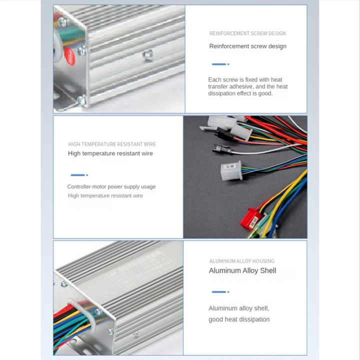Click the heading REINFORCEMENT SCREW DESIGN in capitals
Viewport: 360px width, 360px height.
click(x=247, y=33)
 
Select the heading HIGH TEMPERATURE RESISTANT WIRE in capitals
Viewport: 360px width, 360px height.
click(x=112, y=144)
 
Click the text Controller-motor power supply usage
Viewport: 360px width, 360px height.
click(x=111, y=186)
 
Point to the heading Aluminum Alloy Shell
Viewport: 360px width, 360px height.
click(x=242, y=270)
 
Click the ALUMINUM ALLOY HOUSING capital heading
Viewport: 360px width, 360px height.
click(x=241, y=261)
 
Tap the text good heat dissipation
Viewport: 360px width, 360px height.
click(x=239, y=319)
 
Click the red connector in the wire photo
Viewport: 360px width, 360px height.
click(x=251, y=217)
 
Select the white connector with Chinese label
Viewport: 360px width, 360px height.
click(x=231, y=169)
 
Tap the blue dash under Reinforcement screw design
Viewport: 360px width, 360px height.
click(x=220, y=64)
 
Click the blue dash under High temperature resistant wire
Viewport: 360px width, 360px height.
click(x=79, y=175)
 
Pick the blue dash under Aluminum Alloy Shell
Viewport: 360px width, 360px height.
click(x=220, y=291)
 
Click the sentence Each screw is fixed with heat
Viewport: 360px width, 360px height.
click(x=245, y=79)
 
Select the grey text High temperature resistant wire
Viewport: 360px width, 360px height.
click(x=105, y=195)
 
